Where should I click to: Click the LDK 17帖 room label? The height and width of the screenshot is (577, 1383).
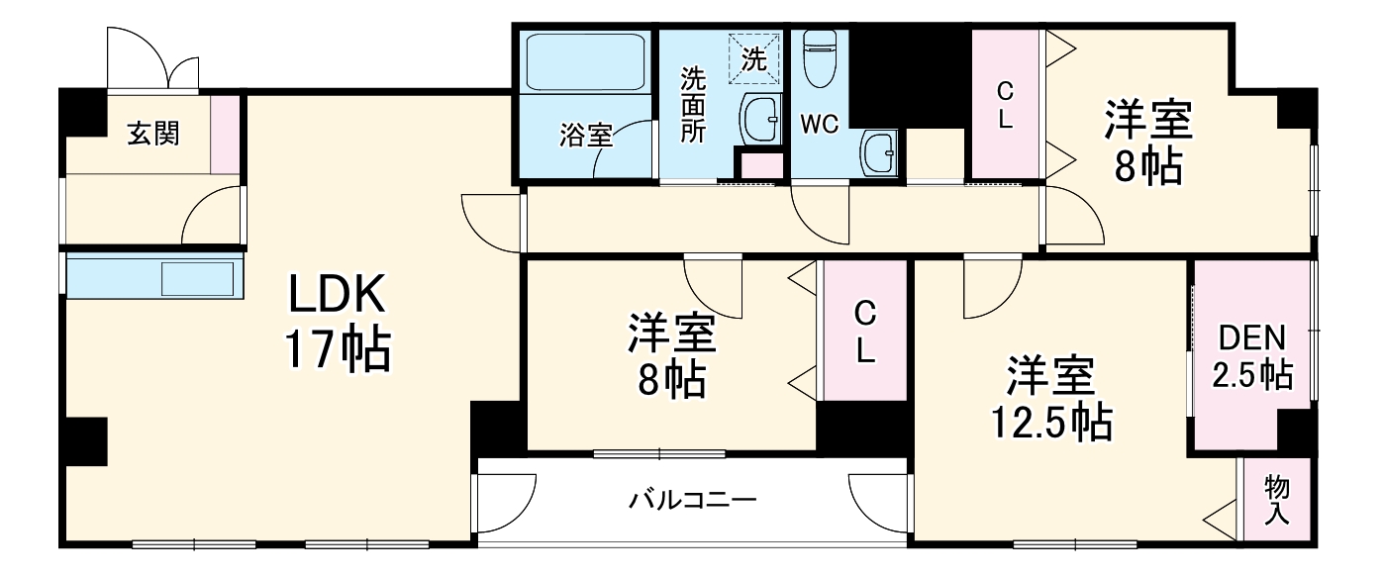tap(338, 322)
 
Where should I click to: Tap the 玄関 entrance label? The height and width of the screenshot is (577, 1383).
tap(153, 133)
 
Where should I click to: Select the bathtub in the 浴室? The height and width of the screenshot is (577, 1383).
tap(584, 61)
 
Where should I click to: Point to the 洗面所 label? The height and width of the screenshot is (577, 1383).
tap(693, 105)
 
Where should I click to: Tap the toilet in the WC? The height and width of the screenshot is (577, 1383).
tap(820, 59)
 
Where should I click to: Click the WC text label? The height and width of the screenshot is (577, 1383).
tap(820, 124)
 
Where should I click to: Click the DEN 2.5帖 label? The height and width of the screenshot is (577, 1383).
tap(1252, 356)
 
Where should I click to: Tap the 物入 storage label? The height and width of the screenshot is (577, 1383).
tap(1277, 500)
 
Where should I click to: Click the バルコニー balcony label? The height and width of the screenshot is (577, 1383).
tap(693, 500)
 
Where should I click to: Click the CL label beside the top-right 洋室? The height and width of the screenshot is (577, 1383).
tap(1005, 105)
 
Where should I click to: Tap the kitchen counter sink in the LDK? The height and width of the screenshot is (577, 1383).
tap(198, 277)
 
